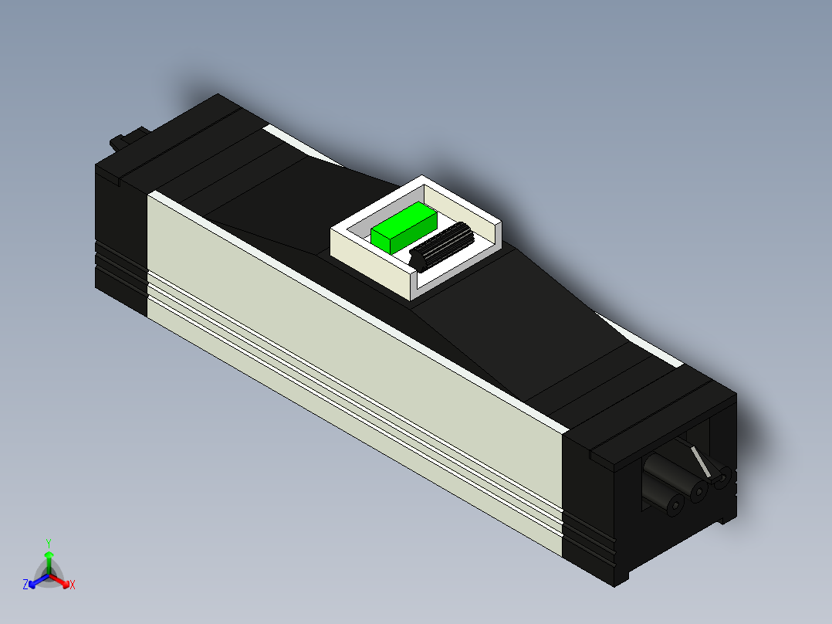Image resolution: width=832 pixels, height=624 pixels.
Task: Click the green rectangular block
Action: [403, 226]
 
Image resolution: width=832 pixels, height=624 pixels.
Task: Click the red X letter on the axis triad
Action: [73, 585]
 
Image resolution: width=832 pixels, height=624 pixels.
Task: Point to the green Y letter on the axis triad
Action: [48, 542]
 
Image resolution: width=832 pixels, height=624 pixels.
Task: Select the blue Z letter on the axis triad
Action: [25, 585]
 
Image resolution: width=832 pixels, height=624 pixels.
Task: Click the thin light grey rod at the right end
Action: [700, 461]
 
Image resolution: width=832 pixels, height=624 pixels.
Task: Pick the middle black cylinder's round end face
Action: [700, 491]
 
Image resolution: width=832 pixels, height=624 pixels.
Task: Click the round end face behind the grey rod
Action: [722, 480]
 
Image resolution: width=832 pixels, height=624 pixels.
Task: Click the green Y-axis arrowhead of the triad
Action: [48, 555]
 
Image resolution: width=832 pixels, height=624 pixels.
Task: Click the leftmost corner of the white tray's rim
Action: [333, 229]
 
